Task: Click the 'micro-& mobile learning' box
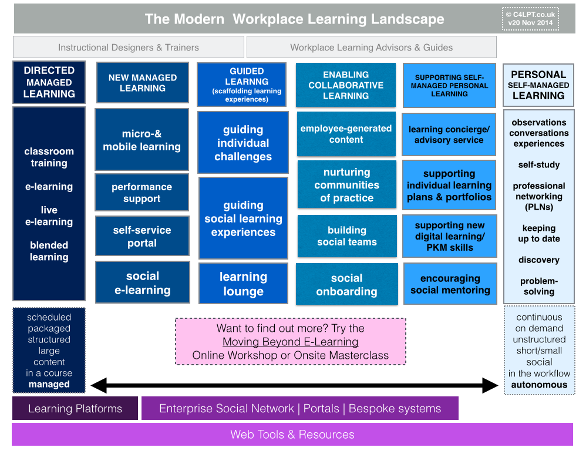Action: [142, 140]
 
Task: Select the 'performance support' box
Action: [142, 193]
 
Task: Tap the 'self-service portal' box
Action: [142, 236]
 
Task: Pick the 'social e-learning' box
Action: [142, 282]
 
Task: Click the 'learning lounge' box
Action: [243, 284]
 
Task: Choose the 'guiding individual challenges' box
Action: [243, 143]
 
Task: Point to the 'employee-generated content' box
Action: [346, 134]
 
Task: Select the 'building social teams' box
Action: [346, 236]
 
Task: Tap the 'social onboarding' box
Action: [346, 284]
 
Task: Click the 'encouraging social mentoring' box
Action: [450, 284]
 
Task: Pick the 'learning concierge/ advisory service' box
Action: [449, 134]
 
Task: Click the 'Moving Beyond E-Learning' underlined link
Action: [290, 342]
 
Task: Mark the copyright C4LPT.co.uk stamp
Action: [531, 19]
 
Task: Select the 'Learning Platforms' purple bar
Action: [75, 408]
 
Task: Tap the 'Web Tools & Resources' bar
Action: [292, 435]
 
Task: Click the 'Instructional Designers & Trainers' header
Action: [128, 47]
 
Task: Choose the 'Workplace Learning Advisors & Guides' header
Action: [371, 47]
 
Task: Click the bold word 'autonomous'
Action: [539, 385]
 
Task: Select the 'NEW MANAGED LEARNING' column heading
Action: [142, 83]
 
